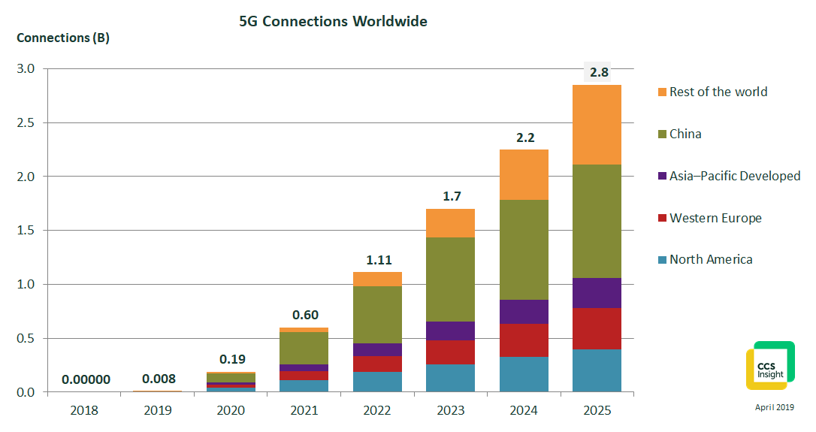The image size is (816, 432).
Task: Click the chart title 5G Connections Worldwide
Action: (333, 22)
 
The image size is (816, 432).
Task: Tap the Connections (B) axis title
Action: (63, 38)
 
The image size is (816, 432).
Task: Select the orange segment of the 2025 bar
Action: (597, 125)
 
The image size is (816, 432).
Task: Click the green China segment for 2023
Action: (450, 279)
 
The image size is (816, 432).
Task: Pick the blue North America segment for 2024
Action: (524, 374)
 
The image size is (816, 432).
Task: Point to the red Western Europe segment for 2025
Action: (597, 328)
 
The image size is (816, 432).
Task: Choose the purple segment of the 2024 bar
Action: (524, 312)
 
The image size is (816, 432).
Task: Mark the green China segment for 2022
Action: (377, 315)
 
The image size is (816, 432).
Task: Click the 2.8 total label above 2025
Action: (598, 73)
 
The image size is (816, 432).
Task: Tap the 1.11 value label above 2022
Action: (378, 260)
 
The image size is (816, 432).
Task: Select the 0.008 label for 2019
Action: (158, 379)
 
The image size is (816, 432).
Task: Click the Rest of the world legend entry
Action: (718, 92)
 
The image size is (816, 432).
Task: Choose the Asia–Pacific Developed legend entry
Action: (735, 176)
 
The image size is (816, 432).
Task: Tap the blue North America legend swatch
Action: (662, 260)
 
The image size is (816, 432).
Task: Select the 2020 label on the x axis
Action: (231, 411)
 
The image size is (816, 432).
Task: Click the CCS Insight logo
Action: (769, 366)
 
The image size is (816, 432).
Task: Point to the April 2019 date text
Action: (774, 406)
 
